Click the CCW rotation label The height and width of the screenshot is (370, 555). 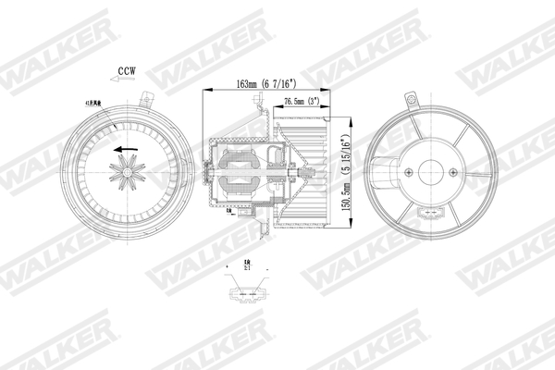click(x=128, y=69)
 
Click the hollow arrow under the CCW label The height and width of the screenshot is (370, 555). click(x=127, y=81)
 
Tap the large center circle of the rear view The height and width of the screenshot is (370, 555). click(x=431, y=172)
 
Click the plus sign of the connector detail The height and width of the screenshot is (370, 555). click(x=228, y=266)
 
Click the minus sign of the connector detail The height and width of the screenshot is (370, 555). click(x=266, y=266)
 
